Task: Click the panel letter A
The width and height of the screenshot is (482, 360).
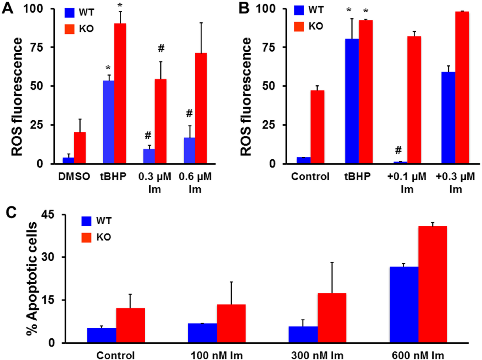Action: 8,8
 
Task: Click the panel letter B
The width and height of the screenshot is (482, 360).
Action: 244,8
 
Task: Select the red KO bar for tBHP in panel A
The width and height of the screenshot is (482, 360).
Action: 120,93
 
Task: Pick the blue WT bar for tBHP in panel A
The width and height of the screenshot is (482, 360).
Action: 109,122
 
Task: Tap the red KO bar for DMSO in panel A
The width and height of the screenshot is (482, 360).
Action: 80,148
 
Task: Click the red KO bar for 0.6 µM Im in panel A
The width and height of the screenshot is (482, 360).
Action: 201,108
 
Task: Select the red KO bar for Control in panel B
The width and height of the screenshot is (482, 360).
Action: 317,127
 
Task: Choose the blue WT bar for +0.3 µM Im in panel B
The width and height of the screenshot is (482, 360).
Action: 448,118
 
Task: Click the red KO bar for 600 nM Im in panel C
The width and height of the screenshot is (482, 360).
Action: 432,284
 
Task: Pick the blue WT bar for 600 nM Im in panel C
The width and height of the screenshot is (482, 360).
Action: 404,304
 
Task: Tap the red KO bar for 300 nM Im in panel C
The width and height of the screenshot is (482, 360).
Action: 332,318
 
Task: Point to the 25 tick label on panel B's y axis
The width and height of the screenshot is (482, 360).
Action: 268,125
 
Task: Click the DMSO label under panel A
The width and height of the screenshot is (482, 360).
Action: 74,176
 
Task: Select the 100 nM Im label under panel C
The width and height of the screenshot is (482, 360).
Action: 217,355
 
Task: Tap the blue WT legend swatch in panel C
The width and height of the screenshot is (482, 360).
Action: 86,221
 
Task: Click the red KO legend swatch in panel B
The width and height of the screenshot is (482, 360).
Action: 299,27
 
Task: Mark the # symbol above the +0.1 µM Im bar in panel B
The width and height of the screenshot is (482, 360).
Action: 398,150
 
